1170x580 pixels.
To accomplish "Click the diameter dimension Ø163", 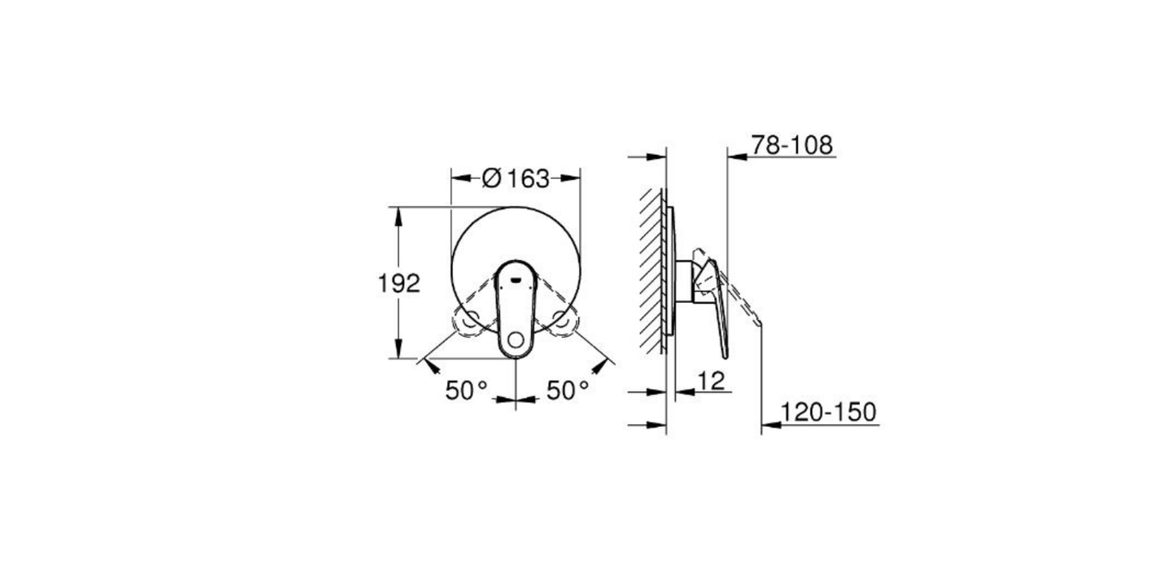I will click(x=516, y=179).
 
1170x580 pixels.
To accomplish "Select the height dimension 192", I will click(x=399, y=283).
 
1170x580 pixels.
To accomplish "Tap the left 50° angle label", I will click(x=466, y=391).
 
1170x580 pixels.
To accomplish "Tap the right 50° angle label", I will click(x=568, y=391).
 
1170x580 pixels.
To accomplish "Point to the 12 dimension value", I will click(x=711, y=381).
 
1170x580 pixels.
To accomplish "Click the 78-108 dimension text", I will click(x=791, y=145).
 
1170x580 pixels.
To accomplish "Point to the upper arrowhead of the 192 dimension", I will click(x=399, y=215).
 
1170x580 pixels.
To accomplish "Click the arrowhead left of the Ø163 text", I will click(x=459, y=179).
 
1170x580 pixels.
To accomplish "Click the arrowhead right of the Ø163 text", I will click(x=573, y=179).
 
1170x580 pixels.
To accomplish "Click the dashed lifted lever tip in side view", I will click(x=756, y=320).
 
